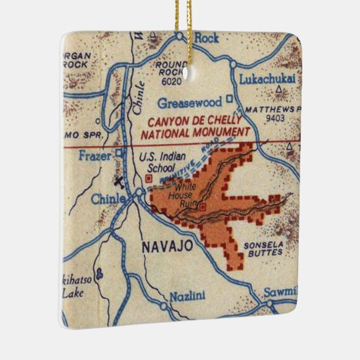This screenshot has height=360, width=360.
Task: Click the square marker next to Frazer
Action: [x=119, y=153]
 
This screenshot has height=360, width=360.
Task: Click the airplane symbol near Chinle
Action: [x=120, y=182]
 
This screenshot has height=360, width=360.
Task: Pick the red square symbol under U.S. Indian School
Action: [x=148, y=179]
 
